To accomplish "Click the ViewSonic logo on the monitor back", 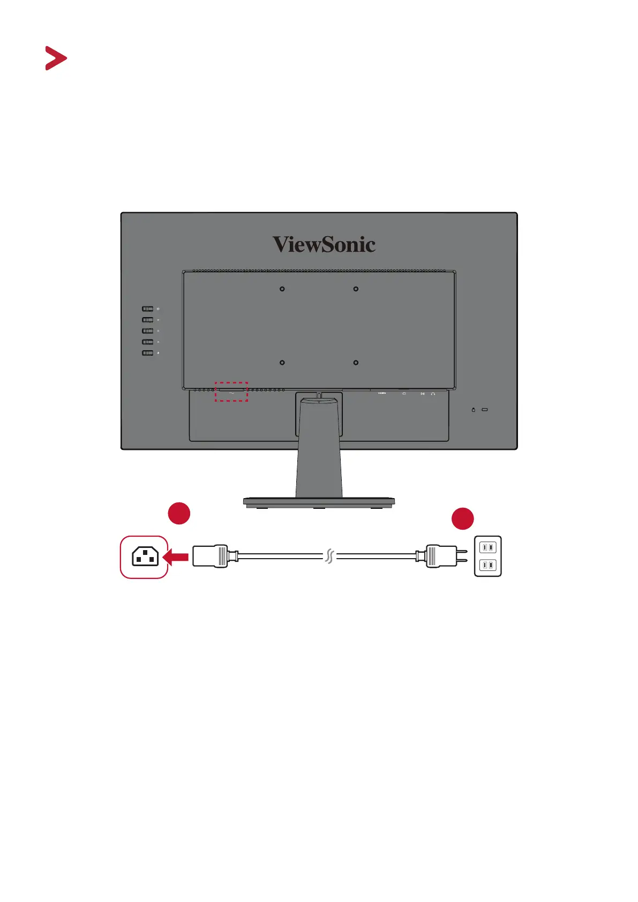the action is pyautogui.click(x=324, y=244).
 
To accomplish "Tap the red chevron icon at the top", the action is pyautogui.click(x=56, y=58).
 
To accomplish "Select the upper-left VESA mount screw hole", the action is pyautogui.click(x=282, y=289).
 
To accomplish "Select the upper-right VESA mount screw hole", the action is pyautogui.click(x=356, y=289).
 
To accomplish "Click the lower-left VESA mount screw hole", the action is pyautogui.click(x=282, y=363).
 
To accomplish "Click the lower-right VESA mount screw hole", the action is pyautogui.click(x=356, y=363).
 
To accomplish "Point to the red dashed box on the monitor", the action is pyautogui.click(x=231, y=392).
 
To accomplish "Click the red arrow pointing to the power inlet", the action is pyautogui.click(x=175, y=558).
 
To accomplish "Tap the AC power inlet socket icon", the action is pyautogui.click(x=145, y=557).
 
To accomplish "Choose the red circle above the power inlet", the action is pyautogui.click(x=179, y=513).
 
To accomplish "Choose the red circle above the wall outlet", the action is pyautogui.click(x=462, y=518).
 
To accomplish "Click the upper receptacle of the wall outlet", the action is pyautogui.click(x=487, y=547).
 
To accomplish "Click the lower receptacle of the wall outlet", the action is pyautogui.click(x=487, y=565).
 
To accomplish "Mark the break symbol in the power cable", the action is pyautogui.click(x=329, y=557).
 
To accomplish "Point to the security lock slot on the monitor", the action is pyautogui.click(x=485, y=410).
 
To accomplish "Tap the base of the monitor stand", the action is pyautogui.click(x=319, y=502).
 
